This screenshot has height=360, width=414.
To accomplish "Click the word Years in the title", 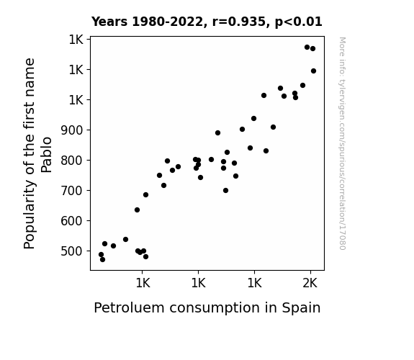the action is pyautogui.click(x=109, y=22).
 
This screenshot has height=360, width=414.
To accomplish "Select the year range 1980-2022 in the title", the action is pyautogui.click(x=168, y=22).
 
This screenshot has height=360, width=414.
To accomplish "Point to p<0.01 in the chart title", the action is pyautogui.click(x=299, y=22).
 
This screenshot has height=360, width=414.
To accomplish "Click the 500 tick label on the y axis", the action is pyautogui.click(x=72, y=251).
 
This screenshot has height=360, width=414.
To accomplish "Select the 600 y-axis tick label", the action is pyautogui.click(x=72, y=221).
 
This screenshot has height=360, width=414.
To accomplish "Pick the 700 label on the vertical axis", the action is pyautogui.click(x=72, y=191).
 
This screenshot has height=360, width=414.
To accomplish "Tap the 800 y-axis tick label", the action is pyautogui.click(x=72, y=161).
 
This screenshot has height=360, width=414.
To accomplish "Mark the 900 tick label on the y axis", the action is pyautogui.click(x=72, y=130).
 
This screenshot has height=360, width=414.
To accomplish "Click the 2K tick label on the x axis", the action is pyautogui.click(x=310, y=284).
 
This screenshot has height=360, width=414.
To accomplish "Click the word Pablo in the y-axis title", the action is pyautogui.click(x=47, y=155).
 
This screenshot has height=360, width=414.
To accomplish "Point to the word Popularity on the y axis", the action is pyautogui.click(x=30, y=215).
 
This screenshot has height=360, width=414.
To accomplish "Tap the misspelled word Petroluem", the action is pyautogui.click(x=129, y=307).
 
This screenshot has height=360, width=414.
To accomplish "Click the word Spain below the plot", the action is pyautogui.click(x=301, y=308).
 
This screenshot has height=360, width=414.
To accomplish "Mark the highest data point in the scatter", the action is pyautogui.click(x=307, y=48).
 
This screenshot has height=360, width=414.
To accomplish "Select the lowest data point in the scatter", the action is pyautogui.click(x=102, y=260).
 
